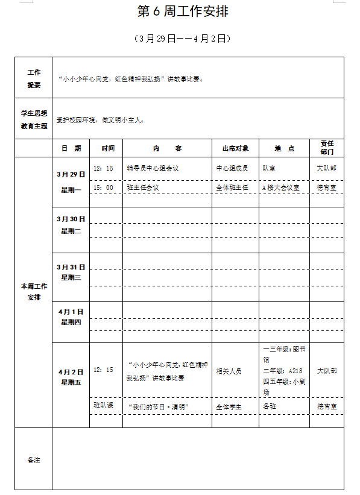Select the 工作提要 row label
pyautogui.click(x=34, y=78)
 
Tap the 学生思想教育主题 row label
pyautogui.click(x=34, y=119)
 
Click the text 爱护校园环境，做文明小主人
pyautogui.click(x=101, y=120)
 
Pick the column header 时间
pyautogui.click(x=108, y=148)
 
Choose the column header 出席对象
pyautogui.click(x=235, y=148)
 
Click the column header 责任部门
pyautogui.click(x=327, y=148)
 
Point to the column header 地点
pyautogui.click(x=284, y=148)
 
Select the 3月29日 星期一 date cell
pyautogui.click(x=71, y=181)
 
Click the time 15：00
pyautogui.click(x=103, y=188)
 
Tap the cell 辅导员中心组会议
pyautogui.click(x=153, y=169)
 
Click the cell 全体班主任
pyautogui.click(x=232, y=188)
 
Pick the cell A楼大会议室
pyautogui.click(x=280, y=188)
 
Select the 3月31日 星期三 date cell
pyautogui.click(x=71, y=272)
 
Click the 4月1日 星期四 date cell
pyautogui.click(x=71, y=317)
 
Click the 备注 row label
pyautogui.click(x=34, y=460)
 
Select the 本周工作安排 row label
pyautogui.click(x=34, y=292)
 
